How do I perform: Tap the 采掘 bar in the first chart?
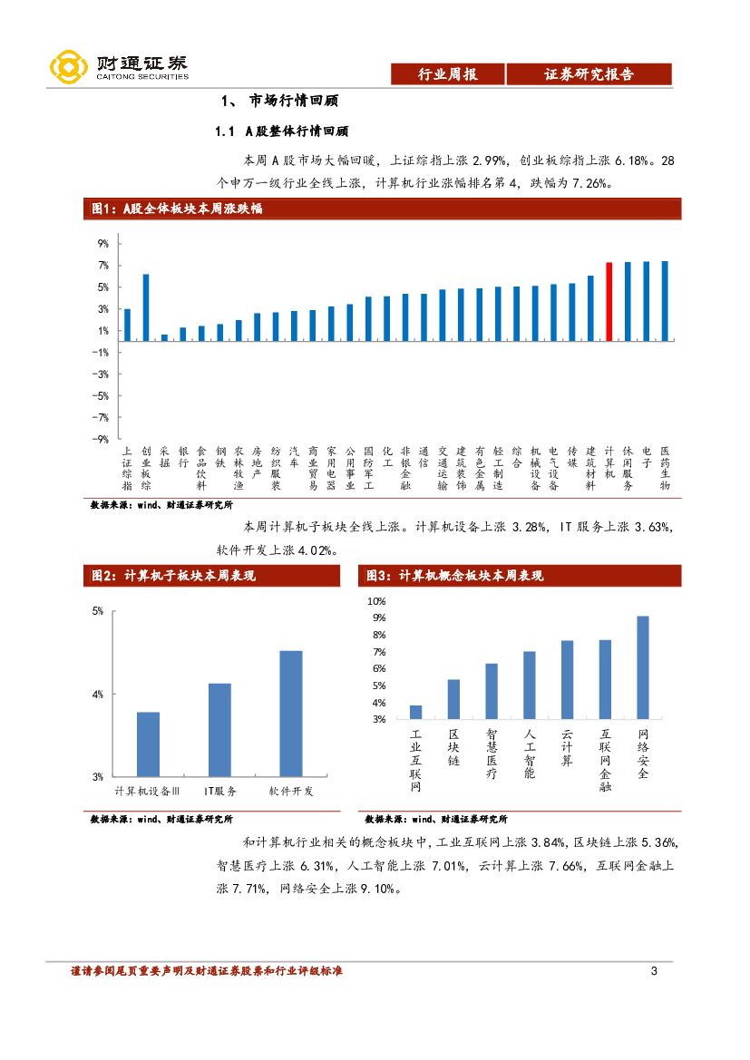click(164, 337)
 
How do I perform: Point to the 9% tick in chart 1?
click(102, 244)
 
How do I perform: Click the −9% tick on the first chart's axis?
click(101, 439)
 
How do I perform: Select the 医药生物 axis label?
click(665, 468)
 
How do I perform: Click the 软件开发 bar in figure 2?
click(291, 713)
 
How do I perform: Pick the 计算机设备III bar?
click(149, 744)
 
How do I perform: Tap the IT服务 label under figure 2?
click(219, 792)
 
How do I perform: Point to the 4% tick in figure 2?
click(98, 694)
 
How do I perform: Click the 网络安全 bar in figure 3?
click(643, 666)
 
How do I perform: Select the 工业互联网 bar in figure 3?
click(416, 712)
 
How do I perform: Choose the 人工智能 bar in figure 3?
click(530, 685)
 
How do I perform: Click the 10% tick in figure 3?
click(375, 601)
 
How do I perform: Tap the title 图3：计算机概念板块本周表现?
click(454, 576)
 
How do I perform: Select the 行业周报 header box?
click(447, 74)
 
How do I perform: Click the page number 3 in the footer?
click(654, 972)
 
